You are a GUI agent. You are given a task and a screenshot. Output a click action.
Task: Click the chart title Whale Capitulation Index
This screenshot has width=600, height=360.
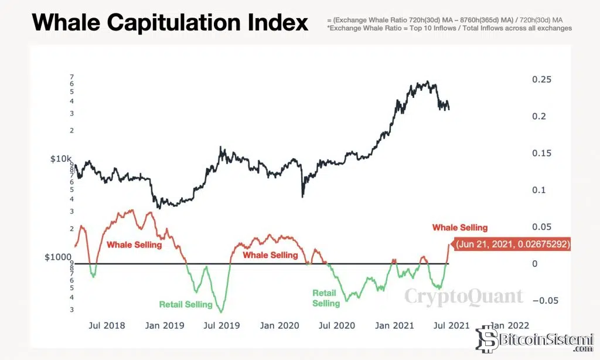(170, 23)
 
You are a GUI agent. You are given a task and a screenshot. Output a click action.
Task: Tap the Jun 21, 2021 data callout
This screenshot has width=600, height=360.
(511, 243)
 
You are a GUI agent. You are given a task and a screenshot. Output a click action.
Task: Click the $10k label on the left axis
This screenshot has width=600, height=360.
(61, 159)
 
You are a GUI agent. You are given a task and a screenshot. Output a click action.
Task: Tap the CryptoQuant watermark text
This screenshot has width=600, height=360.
(464, 296)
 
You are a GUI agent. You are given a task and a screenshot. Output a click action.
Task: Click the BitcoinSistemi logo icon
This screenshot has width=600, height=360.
(486, 339)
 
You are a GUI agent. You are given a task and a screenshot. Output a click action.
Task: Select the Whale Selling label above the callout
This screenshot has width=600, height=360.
(460, 227)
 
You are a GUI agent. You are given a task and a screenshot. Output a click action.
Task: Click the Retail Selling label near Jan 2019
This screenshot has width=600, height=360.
(186, 304)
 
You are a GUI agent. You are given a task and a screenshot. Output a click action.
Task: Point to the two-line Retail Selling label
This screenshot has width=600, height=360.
(326, 298)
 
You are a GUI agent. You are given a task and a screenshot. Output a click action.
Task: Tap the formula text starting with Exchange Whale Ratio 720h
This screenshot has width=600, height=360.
(448, 21)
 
